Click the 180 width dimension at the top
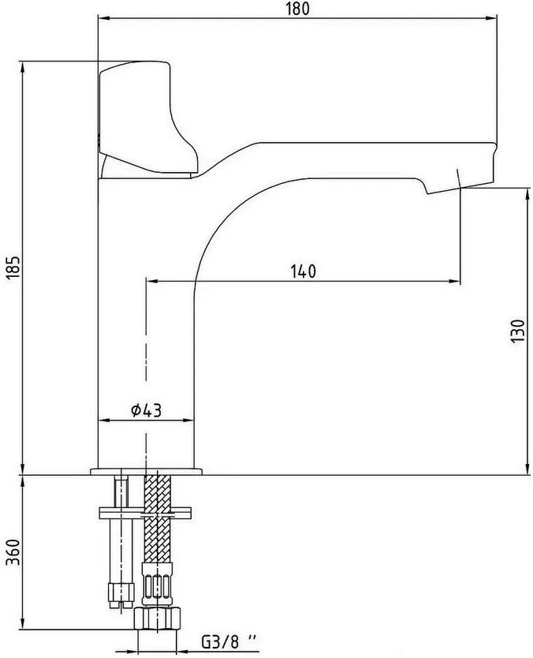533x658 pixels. click(297, 9)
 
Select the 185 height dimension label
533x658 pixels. click(13, 267)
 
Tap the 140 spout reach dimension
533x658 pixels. click(304, 271)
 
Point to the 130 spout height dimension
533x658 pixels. click(518, 331)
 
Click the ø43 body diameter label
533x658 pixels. click(146, 410)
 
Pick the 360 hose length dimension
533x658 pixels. click(13, 551)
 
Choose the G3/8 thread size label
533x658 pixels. click(229, 641)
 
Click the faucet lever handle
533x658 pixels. click(147, 118)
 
